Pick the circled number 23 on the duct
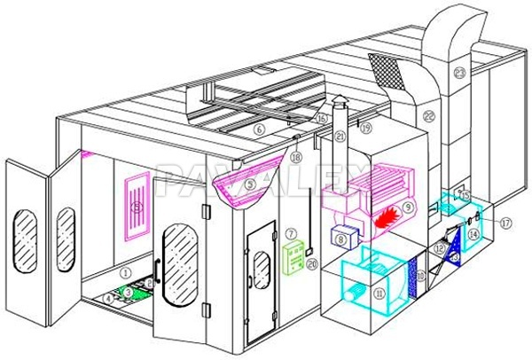459,72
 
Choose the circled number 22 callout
429,115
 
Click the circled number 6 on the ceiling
260,129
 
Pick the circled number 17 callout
505,223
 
